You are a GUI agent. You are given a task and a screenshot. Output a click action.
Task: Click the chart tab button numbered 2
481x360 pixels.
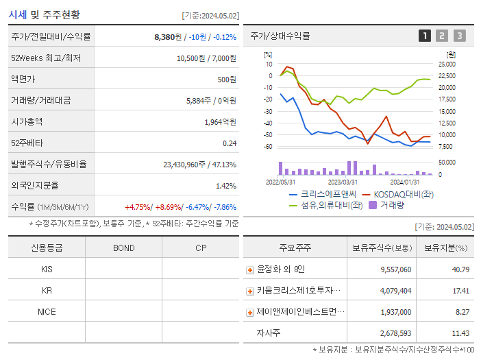pyautogui.click(x=442, y=36)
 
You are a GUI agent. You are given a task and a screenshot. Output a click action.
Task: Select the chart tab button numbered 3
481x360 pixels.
pyautogui.click(x=459, y=36)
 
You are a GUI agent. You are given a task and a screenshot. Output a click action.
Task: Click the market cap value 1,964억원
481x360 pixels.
pyautogui.click(x=220, y=122)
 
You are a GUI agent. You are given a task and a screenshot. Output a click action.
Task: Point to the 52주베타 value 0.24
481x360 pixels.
pyautogui.click(x=229, y=143)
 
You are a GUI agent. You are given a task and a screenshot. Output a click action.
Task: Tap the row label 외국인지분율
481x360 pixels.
pyautogui.click(x=35, y=185)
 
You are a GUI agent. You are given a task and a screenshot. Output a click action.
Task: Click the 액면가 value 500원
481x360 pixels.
pyautogui.click(x=226, y=80)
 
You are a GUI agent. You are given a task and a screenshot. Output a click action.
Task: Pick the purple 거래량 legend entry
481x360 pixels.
pyautogui.click(x=387, y=205)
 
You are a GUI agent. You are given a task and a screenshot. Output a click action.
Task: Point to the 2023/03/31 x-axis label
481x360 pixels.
pyautogui.click(x=343, y=182)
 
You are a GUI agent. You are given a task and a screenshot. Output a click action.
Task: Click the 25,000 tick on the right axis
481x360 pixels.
pyautogui.click(x=446, y=64)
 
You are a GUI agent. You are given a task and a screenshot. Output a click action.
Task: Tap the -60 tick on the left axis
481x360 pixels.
pyautogui.click(x=269, y=147)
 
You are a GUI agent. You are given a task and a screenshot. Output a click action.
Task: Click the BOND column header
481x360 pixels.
pyautogui.click(x=123, y=248)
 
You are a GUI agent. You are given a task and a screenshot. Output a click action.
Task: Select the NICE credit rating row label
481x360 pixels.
pyautogui.click(x=47, y=312)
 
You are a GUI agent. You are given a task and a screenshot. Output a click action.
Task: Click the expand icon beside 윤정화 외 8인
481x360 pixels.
pyautogui.click(x=250, y=270)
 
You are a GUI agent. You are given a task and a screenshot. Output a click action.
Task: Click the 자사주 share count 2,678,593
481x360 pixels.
pyautogui.click(x=395, y=333)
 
